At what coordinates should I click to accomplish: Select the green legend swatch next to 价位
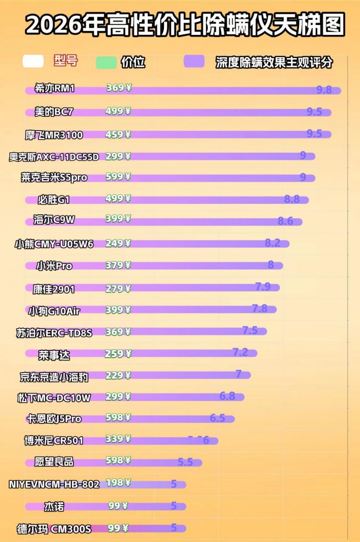pos(106,62)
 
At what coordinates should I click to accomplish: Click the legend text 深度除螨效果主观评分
pos(274,62)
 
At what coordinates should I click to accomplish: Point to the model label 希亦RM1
pos(54,89)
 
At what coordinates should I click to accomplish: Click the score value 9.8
pos(323,90)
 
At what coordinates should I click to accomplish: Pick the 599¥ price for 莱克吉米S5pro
pos(118,177)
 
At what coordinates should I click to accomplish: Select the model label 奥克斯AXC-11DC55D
pos(54,156)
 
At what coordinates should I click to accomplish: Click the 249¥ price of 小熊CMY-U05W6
pos(118,243)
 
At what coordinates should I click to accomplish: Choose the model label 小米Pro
pos(54,266)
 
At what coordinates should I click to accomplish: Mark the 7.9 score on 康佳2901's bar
pos(263,287)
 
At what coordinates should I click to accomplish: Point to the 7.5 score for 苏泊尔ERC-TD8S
pos(250,331)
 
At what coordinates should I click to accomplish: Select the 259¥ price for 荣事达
pos(118,353)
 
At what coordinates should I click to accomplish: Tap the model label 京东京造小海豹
pos(54,376)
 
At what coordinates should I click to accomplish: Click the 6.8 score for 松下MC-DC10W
pos(227,396)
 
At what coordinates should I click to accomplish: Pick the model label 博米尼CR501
pos(54,441)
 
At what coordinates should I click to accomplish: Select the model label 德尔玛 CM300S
pos(54,529)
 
